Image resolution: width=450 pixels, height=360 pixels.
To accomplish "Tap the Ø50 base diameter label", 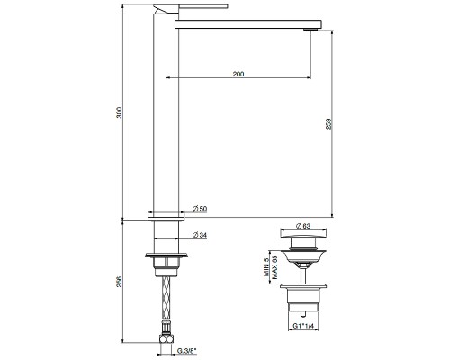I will click(200, 210).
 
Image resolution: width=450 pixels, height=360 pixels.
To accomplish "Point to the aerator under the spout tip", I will click(311, 30).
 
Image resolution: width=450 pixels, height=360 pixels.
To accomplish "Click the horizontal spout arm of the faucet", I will click(243, 22).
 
